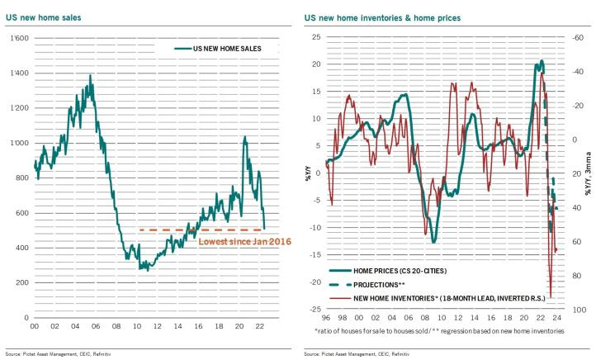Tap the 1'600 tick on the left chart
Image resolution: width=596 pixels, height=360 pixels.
(17, 38)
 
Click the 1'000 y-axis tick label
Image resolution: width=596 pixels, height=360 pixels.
(17, 143)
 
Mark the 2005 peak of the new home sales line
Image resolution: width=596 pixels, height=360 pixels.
(89, 76)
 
